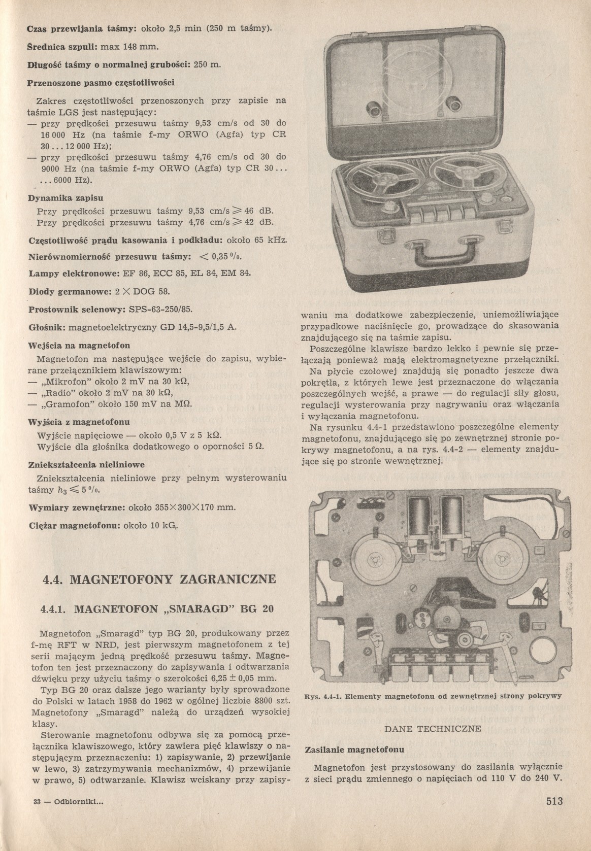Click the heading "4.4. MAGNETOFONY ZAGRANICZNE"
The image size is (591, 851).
(x=159, y=578)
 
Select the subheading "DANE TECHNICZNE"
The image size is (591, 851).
(x=433, y=729)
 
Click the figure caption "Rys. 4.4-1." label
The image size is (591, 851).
(x=322, y=697)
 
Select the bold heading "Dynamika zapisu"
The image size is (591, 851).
(x=62, y=198)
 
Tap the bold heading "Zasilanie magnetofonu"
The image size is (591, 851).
(x=354, y=749)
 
